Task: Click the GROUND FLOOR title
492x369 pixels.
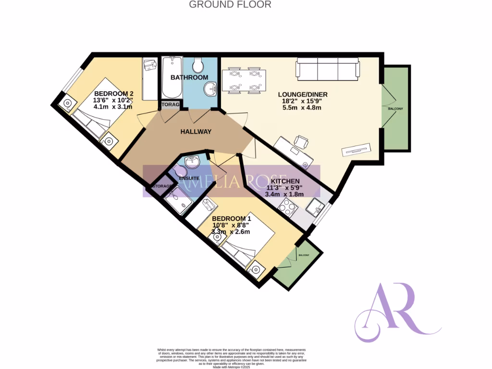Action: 230,5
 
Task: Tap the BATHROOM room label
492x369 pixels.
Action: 190,77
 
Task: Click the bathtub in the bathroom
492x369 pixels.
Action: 171,77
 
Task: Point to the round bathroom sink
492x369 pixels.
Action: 210,88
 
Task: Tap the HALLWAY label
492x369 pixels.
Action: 196,132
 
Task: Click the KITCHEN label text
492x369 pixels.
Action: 288,181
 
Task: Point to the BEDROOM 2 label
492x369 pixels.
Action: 113,94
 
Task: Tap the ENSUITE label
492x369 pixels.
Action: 189,179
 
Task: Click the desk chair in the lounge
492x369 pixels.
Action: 301,142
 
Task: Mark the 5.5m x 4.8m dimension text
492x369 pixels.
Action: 301,108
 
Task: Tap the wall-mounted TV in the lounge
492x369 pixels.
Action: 357,150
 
